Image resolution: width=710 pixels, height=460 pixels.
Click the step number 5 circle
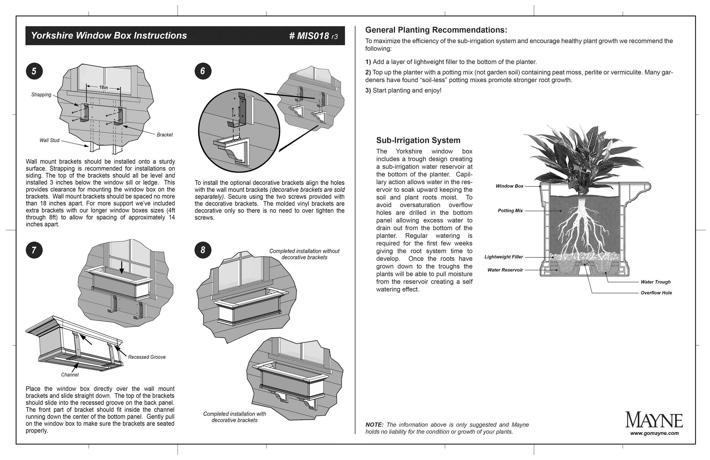point(34,71)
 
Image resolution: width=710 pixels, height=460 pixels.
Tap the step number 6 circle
point(203,71)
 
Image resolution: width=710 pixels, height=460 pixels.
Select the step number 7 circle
point(34,250)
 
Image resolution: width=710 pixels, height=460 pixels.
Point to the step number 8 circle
point(203,250)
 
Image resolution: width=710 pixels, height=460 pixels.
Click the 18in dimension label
point(103,88)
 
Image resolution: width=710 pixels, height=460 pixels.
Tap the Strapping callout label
point(41,95)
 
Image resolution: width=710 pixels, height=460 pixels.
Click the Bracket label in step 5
point(165,135)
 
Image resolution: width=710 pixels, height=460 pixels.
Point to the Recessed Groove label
point(147,357)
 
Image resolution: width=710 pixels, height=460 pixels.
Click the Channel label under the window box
point(70,375)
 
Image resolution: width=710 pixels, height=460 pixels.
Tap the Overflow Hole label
point(656,293)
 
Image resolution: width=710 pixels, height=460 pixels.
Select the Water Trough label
point(655,282)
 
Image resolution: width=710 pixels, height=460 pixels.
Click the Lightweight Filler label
point(504,257)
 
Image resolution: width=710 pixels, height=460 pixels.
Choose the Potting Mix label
point(510,210)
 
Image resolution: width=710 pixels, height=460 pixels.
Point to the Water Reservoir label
point(505,270)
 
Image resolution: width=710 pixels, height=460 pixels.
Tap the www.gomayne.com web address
point(654,433)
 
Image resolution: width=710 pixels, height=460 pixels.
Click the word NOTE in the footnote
point(374,425)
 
